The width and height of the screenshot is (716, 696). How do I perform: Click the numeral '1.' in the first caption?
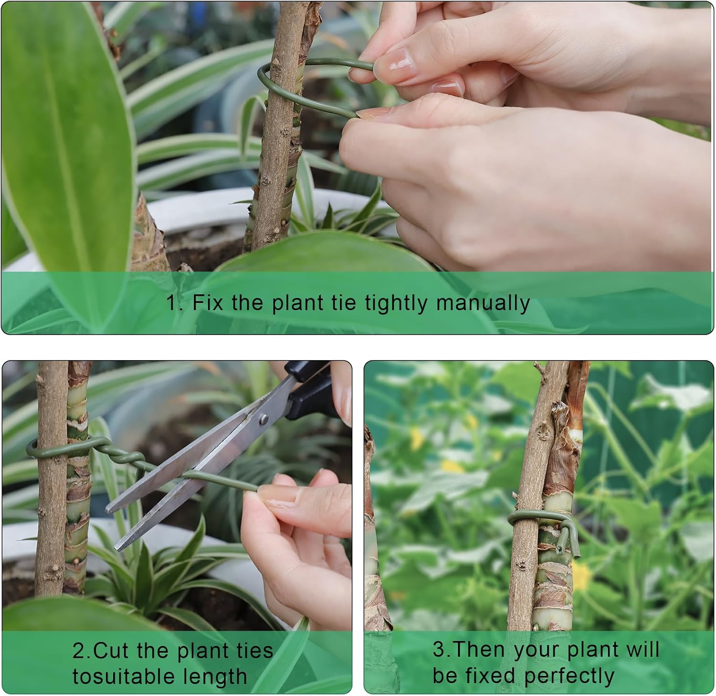pyautogui.click(x=174, y=303)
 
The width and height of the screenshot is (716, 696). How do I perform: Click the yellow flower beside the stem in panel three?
pyautogui.click(x=581, y=576)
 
